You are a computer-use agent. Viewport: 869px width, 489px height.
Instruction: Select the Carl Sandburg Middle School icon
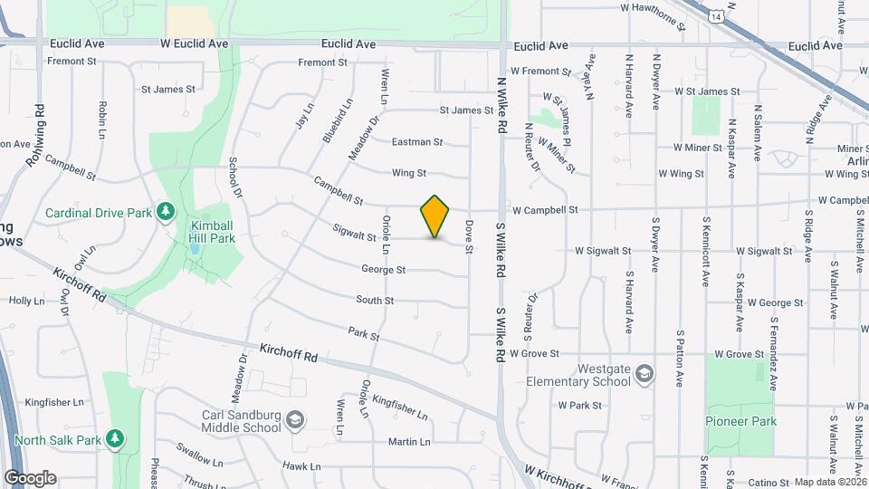[294, 420]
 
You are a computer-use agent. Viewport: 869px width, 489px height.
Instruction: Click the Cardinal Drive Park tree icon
[165, 212]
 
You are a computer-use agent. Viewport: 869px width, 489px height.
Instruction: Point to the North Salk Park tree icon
[115, 439]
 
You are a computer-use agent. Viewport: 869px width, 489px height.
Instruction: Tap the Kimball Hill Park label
[212, 232]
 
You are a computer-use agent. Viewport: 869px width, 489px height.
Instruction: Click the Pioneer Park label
[741, 421]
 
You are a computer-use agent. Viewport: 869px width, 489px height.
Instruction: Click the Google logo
[30, 478]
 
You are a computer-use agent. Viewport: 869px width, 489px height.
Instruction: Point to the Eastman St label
[416, 142]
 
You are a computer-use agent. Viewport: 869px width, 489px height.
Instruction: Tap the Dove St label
[469, 231]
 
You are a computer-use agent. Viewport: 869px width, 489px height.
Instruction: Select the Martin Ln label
[409, 442]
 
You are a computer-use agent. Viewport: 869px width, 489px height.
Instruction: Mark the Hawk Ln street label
[301, 466]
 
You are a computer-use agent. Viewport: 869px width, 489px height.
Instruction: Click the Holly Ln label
[26, 301]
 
